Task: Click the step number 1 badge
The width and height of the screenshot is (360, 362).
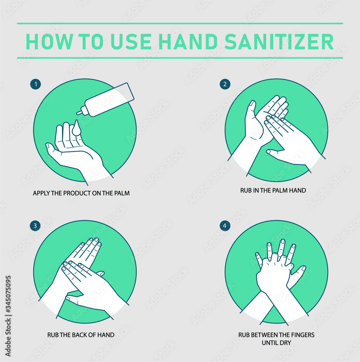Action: click(35, 84)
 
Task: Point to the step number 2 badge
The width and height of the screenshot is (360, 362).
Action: click(225, 84)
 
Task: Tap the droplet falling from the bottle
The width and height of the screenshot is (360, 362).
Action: click(77, 129)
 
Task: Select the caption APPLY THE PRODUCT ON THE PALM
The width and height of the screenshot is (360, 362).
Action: click(81, 193)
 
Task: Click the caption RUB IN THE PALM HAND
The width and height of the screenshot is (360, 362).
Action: click(273, 190)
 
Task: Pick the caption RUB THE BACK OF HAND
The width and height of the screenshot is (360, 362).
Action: click(81, 335)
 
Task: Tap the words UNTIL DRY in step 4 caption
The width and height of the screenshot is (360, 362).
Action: click(276, 342)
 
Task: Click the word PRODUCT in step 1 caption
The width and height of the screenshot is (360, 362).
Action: click(77, 193)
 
